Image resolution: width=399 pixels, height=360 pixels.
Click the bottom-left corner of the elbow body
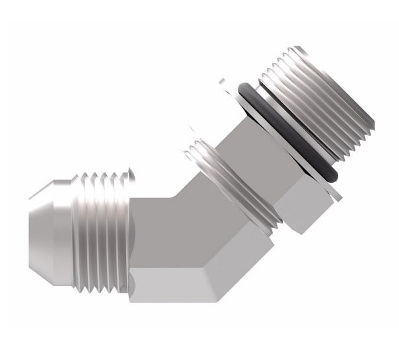pos(132,297)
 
